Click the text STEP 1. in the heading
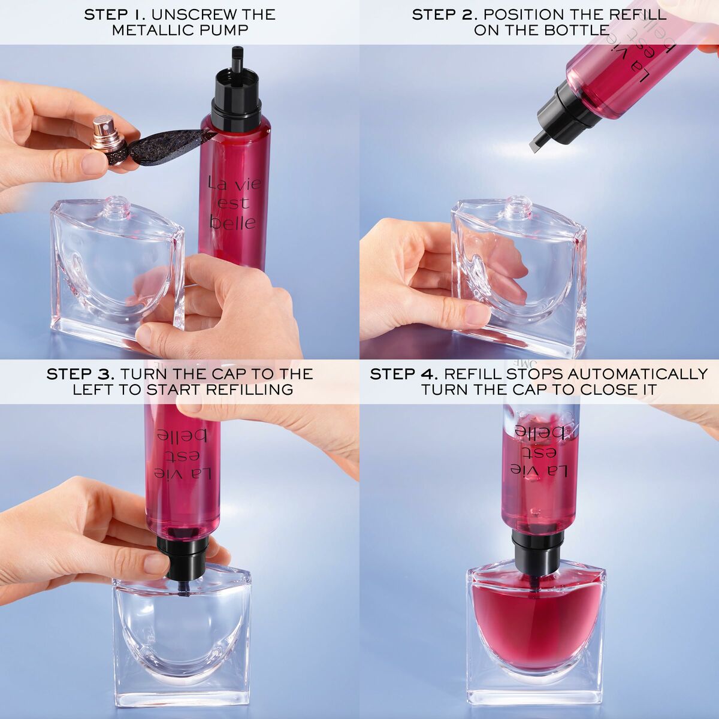click(116, 14)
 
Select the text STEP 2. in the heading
click(445, 14)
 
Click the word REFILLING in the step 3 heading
click(250, 389)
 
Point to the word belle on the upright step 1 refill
click(233, 222)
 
